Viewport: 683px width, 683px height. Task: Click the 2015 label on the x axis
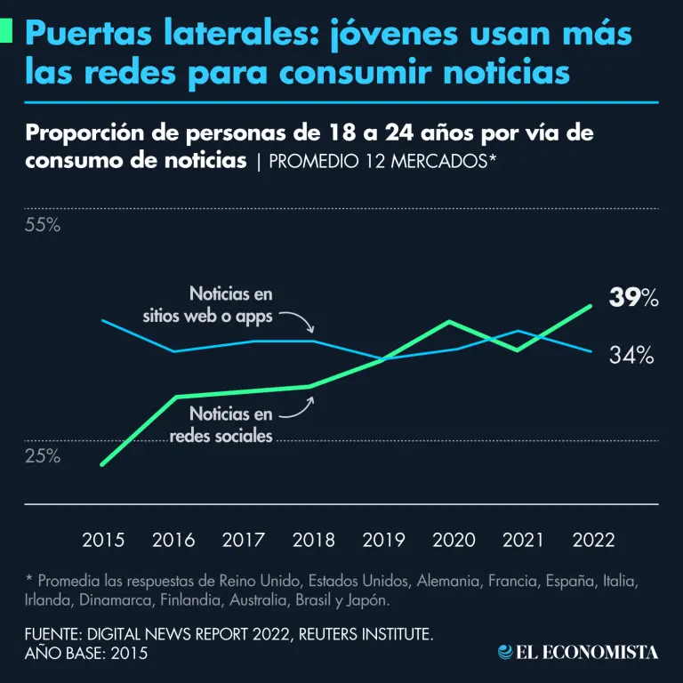(x=103, y=540)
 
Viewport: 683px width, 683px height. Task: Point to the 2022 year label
(x=593, y=540)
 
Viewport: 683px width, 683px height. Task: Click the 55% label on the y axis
(x=42, y=225)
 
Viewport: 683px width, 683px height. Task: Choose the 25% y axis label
(x=42, y=456)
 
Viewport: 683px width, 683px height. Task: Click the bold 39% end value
(x=633, y=299)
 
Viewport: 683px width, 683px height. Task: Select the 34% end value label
(x=632, y=356)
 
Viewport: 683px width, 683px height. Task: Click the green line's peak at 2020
(x=451, y=321)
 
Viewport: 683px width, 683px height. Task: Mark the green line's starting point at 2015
(x=103, y=464)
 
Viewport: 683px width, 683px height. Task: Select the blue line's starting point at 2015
(x=103, y=320)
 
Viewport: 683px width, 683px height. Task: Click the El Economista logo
(x=578, y=652)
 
